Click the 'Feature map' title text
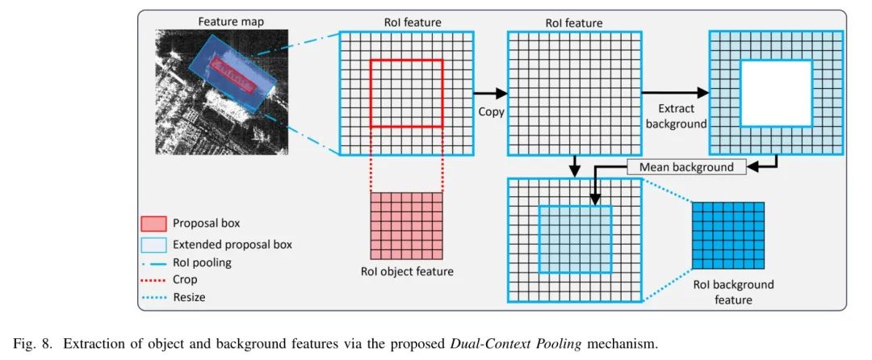tap(232, 23)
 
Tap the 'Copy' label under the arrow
tap(491, 111)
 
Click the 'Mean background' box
tap(686, 166)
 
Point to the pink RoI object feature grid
tap(406, 225)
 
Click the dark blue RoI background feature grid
tap(728, 236)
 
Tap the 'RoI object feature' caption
tap(406, 272)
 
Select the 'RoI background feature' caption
tap(733, 292)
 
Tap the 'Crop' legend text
tap(185, 279)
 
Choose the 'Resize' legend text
tap(189, 297)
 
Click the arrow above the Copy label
tap(490, 94)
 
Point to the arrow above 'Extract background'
tap(674, 94)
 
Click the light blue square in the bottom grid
tap(575, 240)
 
